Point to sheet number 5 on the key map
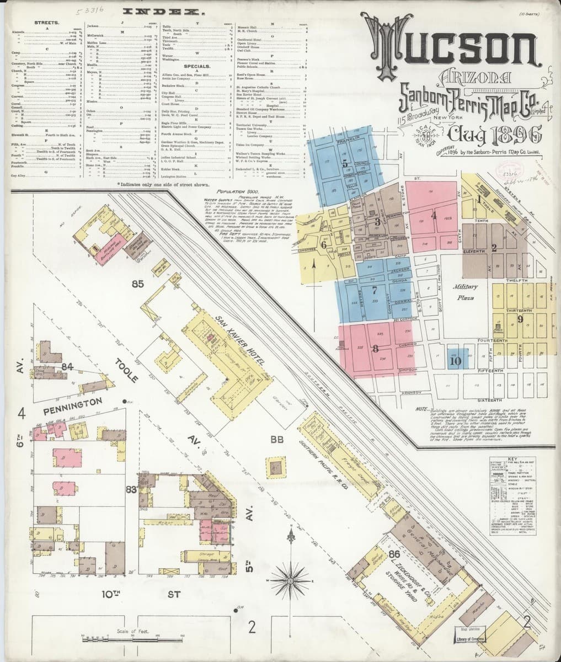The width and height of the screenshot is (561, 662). coord(344,163)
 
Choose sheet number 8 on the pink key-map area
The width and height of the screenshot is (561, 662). coord(376,348)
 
